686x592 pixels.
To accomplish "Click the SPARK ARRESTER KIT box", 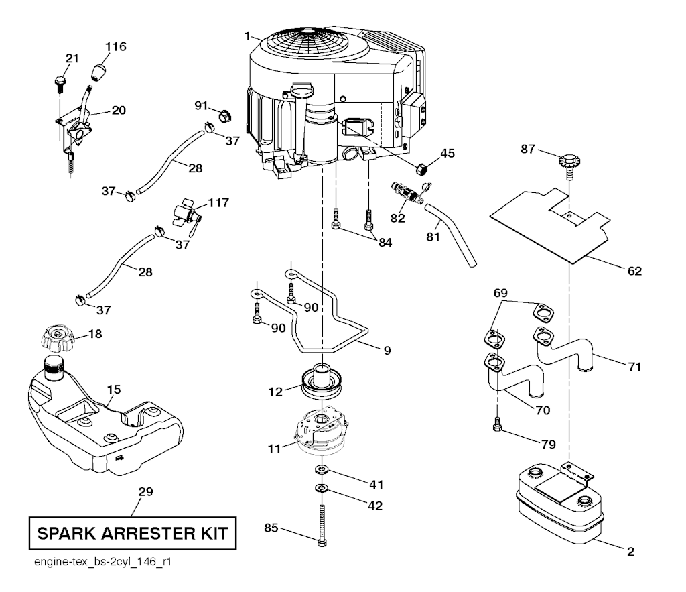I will [x=131, y=534].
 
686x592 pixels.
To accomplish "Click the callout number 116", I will [x=116, y=46].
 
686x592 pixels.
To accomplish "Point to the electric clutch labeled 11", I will [x=322, y=433].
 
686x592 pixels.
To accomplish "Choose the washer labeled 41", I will [x=323, y=469].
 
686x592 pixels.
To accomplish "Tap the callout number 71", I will [x=634, y=367].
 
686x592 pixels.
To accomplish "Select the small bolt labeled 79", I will [x=497, y=425].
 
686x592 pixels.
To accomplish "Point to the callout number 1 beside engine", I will [x=247, y=34].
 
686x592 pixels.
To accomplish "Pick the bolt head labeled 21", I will [x=59, y=82].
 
